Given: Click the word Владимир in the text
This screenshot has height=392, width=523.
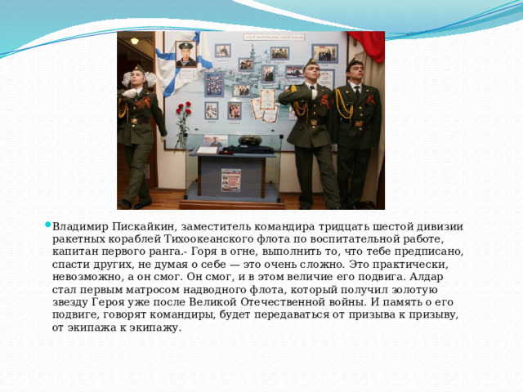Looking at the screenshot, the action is (80, 227).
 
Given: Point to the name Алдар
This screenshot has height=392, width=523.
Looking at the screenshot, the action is (426, 277).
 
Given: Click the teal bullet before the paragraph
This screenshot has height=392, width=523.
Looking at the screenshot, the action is (47, 225).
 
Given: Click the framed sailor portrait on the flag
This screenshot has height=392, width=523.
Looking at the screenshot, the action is (186, 54).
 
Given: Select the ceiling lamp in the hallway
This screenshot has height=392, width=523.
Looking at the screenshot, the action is (134, 41).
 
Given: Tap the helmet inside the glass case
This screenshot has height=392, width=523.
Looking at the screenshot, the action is (249, 140).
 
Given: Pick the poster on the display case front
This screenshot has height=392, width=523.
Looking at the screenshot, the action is (230, 180).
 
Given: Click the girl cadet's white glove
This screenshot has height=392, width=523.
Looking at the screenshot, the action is (129, 93).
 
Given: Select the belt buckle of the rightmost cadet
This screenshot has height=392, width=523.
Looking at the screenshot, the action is (359, 123).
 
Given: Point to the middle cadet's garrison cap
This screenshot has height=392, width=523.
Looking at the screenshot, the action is (311, 64).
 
